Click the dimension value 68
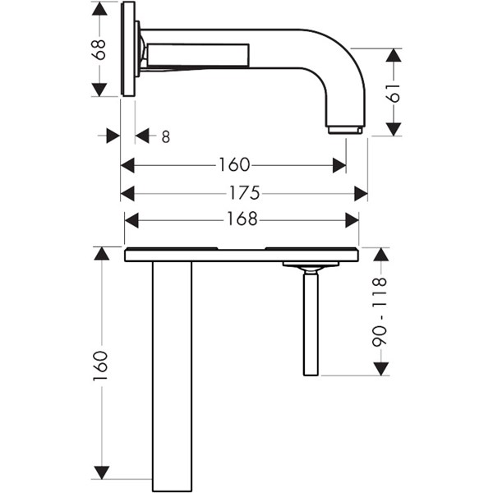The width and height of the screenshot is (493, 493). pyautogui.click(x=99, y=49)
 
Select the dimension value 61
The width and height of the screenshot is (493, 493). pyautogui.click(x=393, y=93)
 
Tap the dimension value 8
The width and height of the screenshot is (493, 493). pyautogui.click(x=166, y=136)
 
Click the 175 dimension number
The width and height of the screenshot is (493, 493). pyautogui.click(x=245, y=193)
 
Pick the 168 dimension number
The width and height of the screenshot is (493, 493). pyautogui.click(x=242, y=219)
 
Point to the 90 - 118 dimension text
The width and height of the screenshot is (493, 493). pyautogui.click(x=379, y=312)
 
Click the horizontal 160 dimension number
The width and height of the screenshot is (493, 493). pyautogui.click(x=234, y=165)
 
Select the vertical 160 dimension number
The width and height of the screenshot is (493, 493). pyautogui.click(x=100, y=366)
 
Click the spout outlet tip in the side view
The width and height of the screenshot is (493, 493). pyautogui.click(x=345, y=130)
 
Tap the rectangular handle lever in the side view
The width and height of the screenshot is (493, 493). pyautogui.click(x=198, y=55)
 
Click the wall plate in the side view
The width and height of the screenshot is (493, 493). pyautogui.click(x=128, y=48)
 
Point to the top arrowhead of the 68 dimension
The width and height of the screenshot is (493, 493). pyautogui.click(x=99, y=9)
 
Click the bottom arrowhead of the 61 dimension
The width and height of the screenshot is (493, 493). pyautogui.click(x=394, y=129)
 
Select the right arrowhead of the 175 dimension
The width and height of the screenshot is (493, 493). pyautogui.click(x=361, y=193)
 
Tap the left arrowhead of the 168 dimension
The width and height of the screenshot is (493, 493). pyautogui.click(x=131, y=220)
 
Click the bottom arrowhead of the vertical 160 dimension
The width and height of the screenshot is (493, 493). pyautogui.click(x=102, y=472)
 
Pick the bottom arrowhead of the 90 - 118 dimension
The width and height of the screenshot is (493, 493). pyautogui.click(x=381, y=368)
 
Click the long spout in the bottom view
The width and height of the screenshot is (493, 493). pyautogui.click(x=172, y=376)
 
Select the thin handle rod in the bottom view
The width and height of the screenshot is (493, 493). pyautogui.click(x=311, y=324)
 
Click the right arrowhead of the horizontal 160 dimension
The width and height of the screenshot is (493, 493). pyautogui.click(x=339, y=165)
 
